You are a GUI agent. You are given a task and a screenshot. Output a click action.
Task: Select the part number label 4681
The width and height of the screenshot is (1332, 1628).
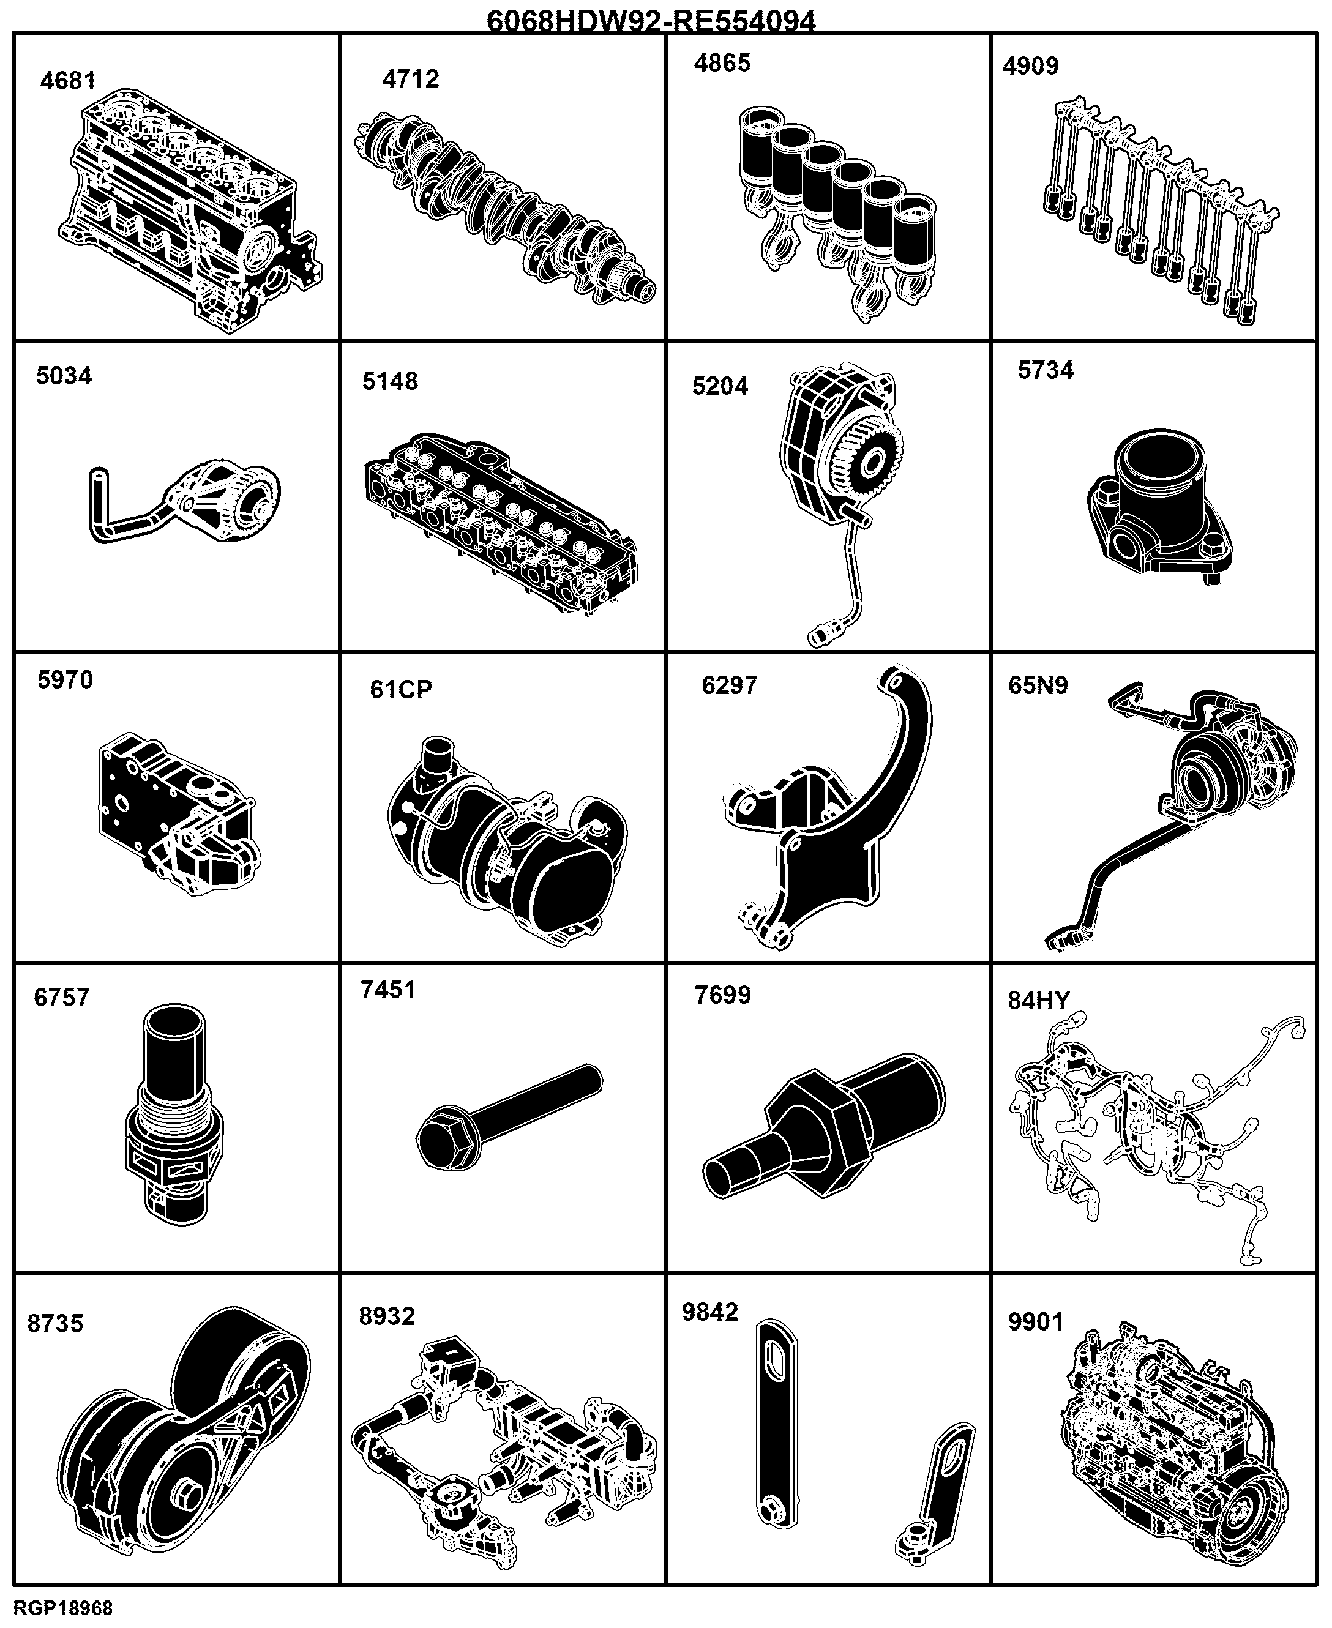click(69, 81)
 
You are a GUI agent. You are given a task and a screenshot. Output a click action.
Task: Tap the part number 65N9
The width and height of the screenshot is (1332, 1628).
click(1038, 685)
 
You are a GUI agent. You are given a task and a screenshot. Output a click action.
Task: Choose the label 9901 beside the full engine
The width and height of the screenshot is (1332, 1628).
click(1036, 1322)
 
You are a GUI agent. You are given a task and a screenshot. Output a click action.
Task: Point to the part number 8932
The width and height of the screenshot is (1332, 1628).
click(387, 1316)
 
